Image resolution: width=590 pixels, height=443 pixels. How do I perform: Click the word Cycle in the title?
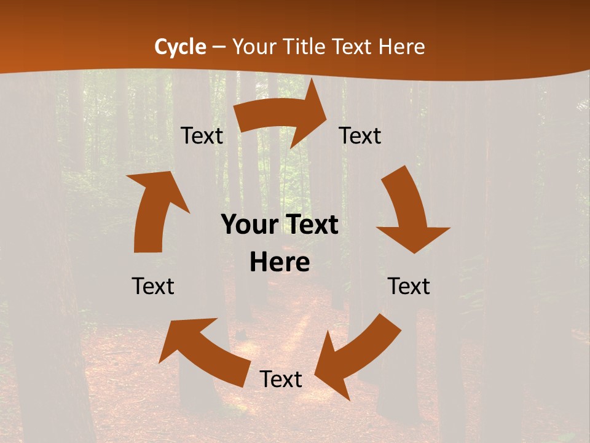[x=180, y=47]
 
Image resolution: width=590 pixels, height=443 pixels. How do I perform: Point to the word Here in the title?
[x=402, y=47]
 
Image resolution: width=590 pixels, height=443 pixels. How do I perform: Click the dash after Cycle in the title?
[x=219, y=47]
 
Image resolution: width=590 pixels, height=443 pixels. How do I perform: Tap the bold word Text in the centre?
[x=310, y=225]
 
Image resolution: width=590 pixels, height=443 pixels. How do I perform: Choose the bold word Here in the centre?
[x=280, y=262]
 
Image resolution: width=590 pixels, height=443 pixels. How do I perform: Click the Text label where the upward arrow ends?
[x=202, y=136]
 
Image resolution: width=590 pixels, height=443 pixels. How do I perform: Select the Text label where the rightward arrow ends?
[x=360, y=136]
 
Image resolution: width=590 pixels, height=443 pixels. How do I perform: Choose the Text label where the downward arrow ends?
[x=409, y=286]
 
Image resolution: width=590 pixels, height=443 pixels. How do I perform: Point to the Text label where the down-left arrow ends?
[x=281, y=379]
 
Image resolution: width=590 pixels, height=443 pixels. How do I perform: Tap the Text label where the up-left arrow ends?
[x=153, y=286]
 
